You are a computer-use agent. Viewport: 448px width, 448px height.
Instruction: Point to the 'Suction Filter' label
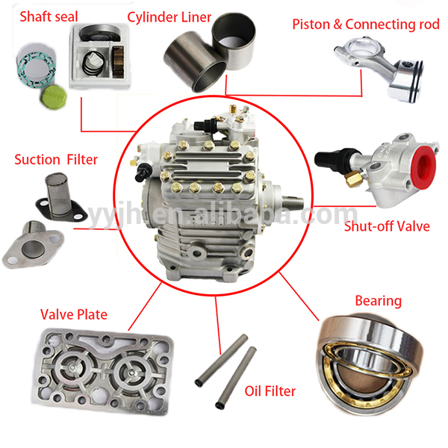point(56,159)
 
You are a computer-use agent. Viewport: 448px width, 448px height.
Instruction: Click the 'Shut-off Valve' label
point(386,225)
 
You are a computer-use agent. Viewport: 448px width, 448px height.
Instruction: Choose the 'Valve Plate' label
point(74,314)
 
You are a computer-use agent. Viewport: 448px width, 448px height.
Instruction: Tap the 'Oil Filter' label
point(270,391)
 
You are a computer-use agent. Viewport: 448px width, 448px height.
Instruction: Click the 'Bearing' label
point(378,301)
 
